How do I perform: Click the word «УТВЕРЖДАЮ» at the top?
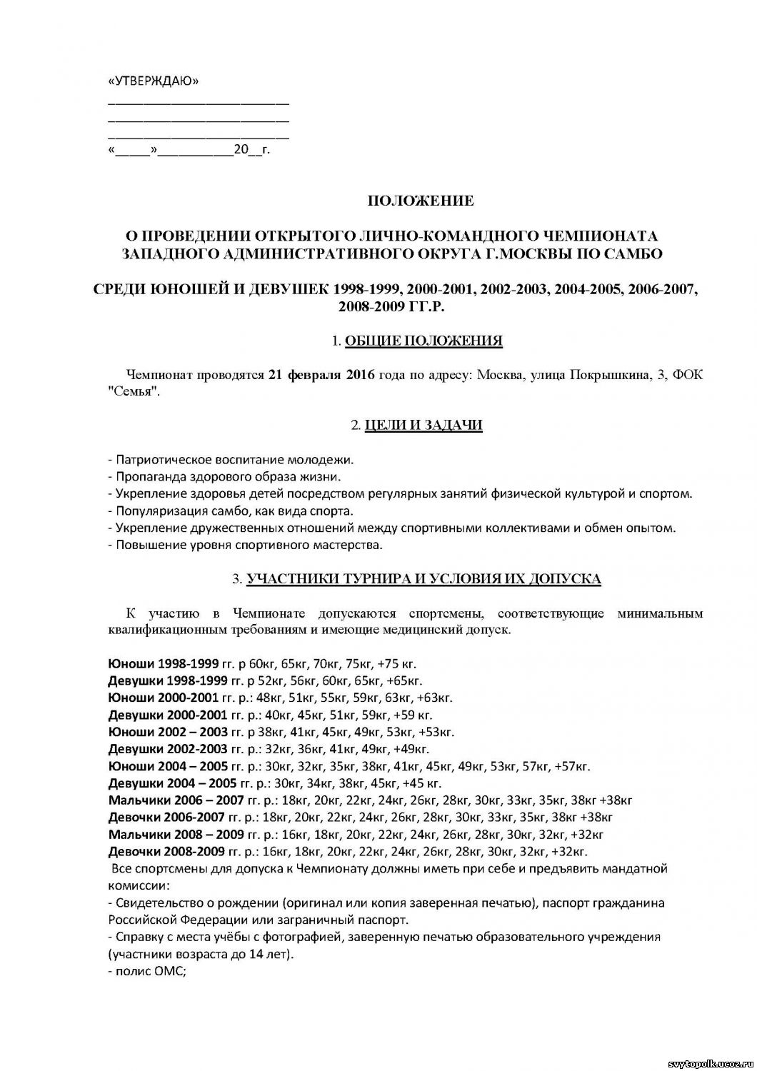coord(153,81)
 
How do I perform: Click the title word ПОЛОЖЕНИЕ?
coord(420,201)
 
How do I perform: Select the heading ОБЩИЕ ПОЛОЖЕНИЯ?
coord(423,341)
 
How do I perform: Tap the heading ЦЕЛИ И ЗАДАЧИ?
coord(423,426)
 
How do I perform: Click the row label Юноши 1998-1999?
coord(167,663)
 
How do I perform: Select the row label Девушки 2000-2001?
coord(167,715)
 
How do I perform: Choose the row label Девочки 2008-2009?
coord(167,851)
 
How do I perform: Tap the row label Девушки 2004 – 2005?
coord(172,783)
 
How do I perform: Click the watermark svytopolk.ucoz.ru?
coord(709,1064)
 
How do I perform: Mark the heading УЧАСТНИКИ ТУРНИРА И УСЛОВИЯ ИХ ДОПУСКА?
coord(423,579)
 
